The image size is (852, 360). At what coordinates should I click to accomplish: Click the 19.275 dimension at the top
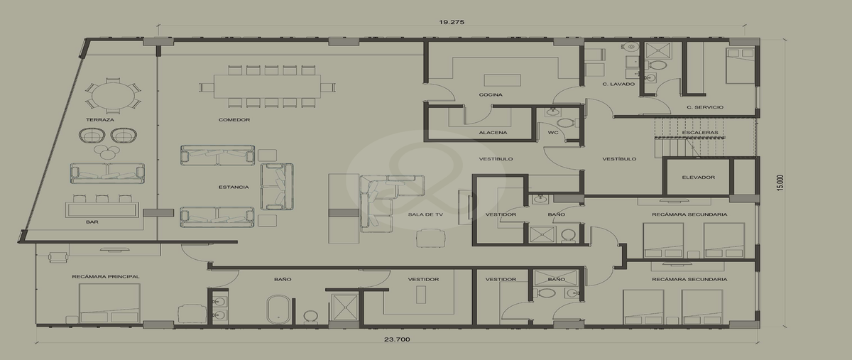point(452,22)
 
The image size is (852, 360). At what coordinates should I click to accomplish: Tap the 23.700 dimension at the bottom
point(397,339)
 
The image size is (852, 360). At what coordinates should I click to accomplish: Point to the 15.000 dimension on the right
point(780,182)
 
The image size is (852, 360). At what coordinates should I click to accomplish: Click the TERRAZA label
point(100,120)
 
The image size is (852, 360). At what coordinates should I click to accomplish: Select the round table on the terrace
point(113,95)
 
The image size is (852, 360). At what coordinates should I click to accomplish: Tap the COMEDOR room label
point(234,120)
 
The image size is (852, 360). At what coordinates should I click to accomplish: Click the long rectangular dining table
point(267,87)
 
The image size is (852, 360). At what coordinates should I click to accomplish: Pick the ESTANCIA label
point(234,187)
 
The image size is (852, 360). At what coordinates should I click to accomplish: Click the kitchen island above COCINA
point(502,80)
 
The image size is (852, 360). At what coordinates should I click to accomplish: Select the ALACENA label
point(493,133)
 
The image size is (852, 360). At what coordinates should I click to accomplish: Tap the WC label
point(553,133)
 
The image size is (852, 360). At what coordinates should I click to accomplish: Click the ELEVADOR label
point(699,178)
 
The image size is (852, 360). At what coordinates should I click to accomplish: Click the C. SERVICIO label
point(705,107)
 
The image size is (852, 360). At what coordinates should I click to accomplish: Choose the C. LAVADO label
point(619,84)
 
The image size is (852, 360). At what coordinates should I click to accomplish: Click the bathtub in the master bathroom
point(280,310)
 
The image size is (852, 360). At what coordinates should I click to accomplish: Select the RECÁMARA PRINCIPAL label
point(106,277)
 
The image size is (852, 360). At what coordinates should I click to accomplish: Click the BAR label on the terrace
point(92,222)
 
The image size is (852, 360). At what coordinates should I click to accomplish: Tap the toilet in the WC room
point(567,123)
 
